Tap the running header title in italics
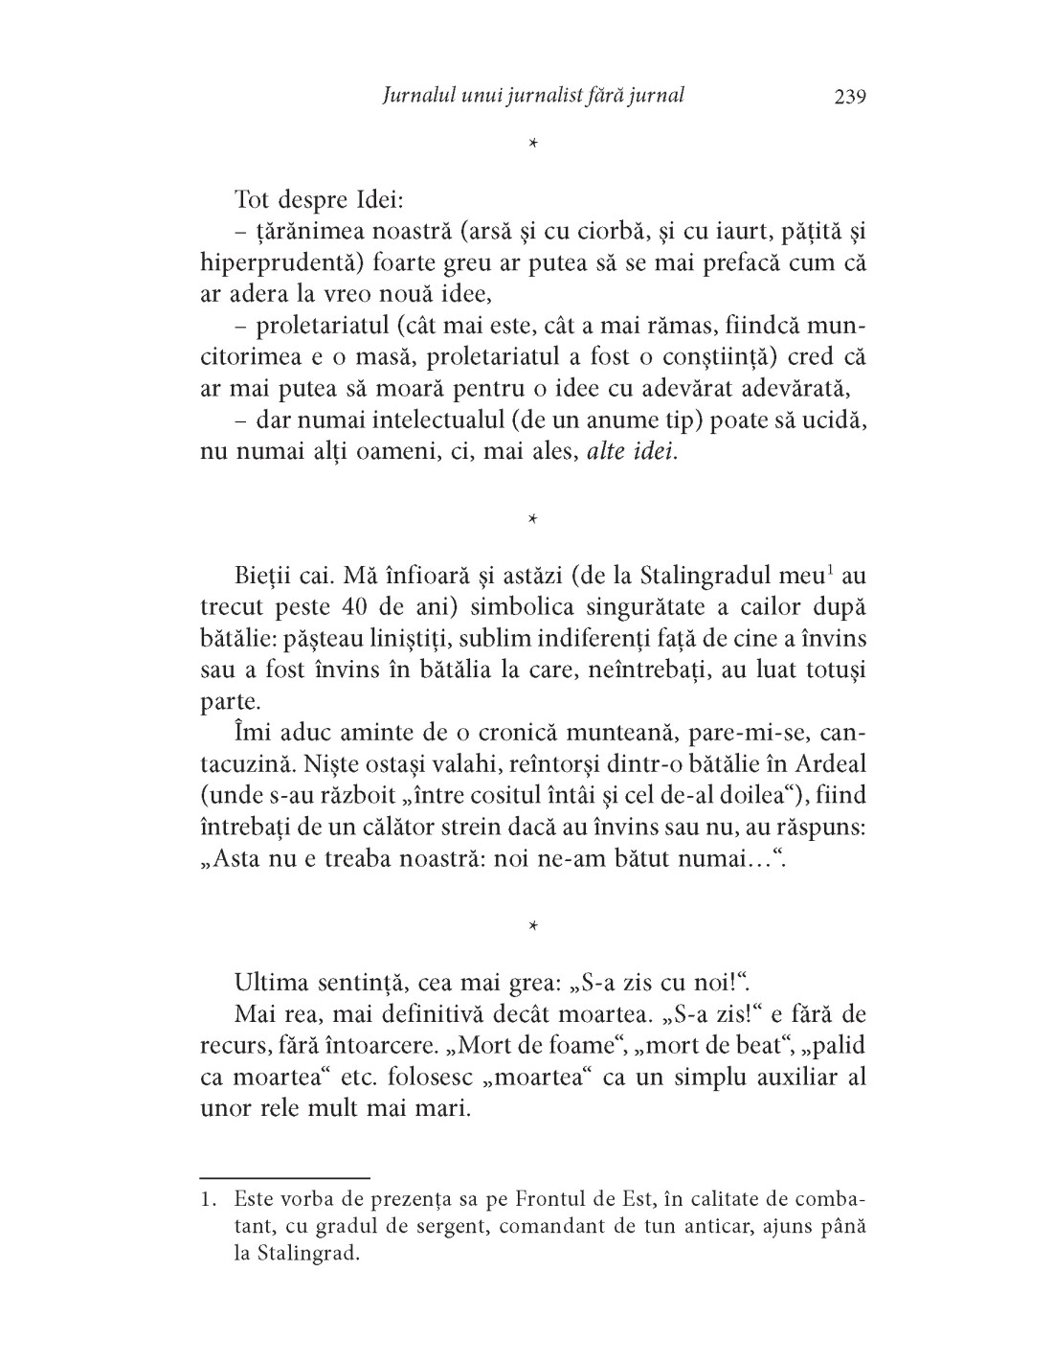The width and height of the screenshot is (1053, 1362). (x=532, y=96)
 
